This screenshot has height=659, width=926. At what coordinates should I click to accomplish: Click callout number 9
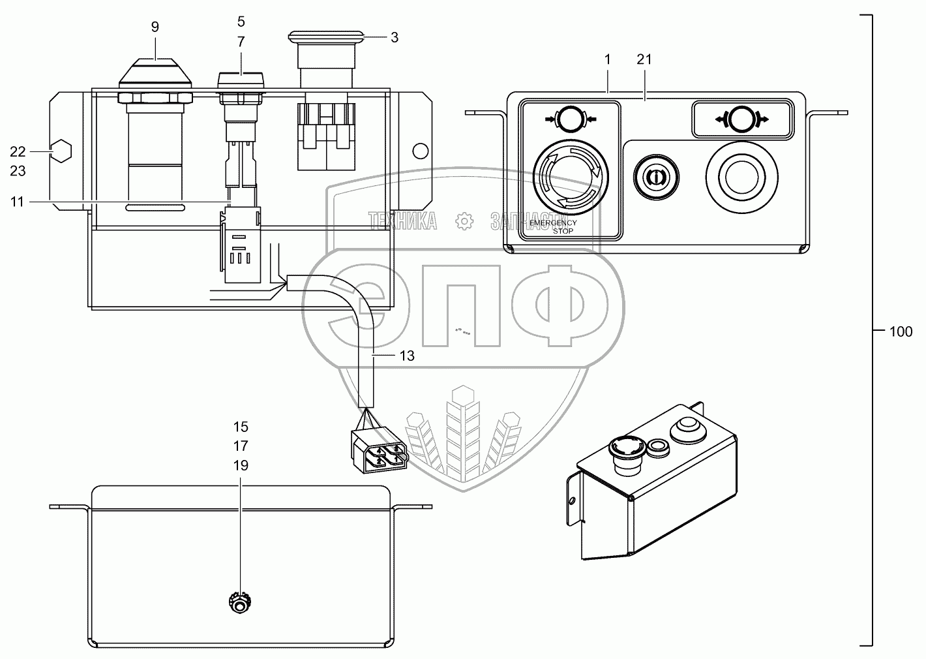pos(155,27)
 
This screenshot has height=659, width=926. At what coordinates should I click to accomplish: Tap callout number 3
pos(395,37)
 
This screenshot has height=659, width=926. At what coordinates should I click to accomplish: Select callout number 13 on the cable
pos(406,356)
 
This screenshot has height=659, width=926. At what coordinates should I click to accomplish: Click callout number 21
pos(644,59)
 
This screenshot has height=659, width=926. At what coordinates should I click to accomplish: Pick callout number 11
pos(18,202)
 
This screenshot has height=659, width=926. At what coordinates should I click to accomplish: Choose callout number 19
pos(241,465)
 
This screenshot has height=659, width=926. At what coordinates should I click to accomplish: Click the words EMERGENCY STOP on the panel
pos(554,226)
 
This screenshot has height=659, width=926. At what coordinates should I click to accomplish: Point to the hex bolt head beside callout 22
pos(61,151)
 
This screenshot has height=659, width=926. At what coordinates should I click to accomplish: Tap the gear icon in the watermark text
pos(464,221)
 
